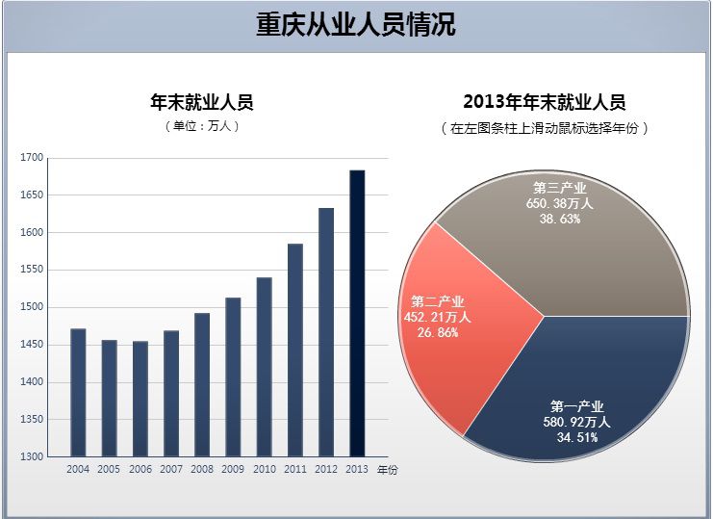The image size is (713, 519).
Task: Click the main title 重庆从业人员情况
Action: (356, 25)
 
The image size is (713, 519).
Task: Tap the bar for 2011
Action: (295, 350)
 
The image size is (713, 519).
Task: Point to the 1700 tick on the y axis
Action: (32, 158)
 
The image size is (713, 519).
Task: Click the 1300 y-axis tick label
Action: (32, 456)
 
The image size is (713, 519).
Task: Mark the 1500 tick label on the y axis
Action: (32, 307)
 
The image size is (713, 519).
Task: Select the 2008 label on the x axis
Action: (202, 470)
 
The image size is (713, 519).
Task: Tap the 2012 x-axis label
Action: (326, 470)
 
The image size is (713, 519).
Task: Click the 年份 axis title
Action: (387, 470)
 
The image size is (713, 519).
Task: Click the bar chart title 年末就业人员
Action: (202, 102)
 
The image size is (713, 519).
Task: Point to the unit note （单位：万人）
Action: (202, 126)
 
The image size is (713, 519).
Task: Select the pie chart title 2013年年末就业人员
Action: (544, 102)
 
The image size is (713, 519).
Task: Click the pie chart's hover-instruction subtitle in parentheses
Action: (544, 127)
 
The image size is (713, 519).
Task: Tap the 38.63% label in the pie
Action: (560, 219)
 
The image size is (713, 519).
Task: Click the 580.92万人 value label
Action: (577, 422)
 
